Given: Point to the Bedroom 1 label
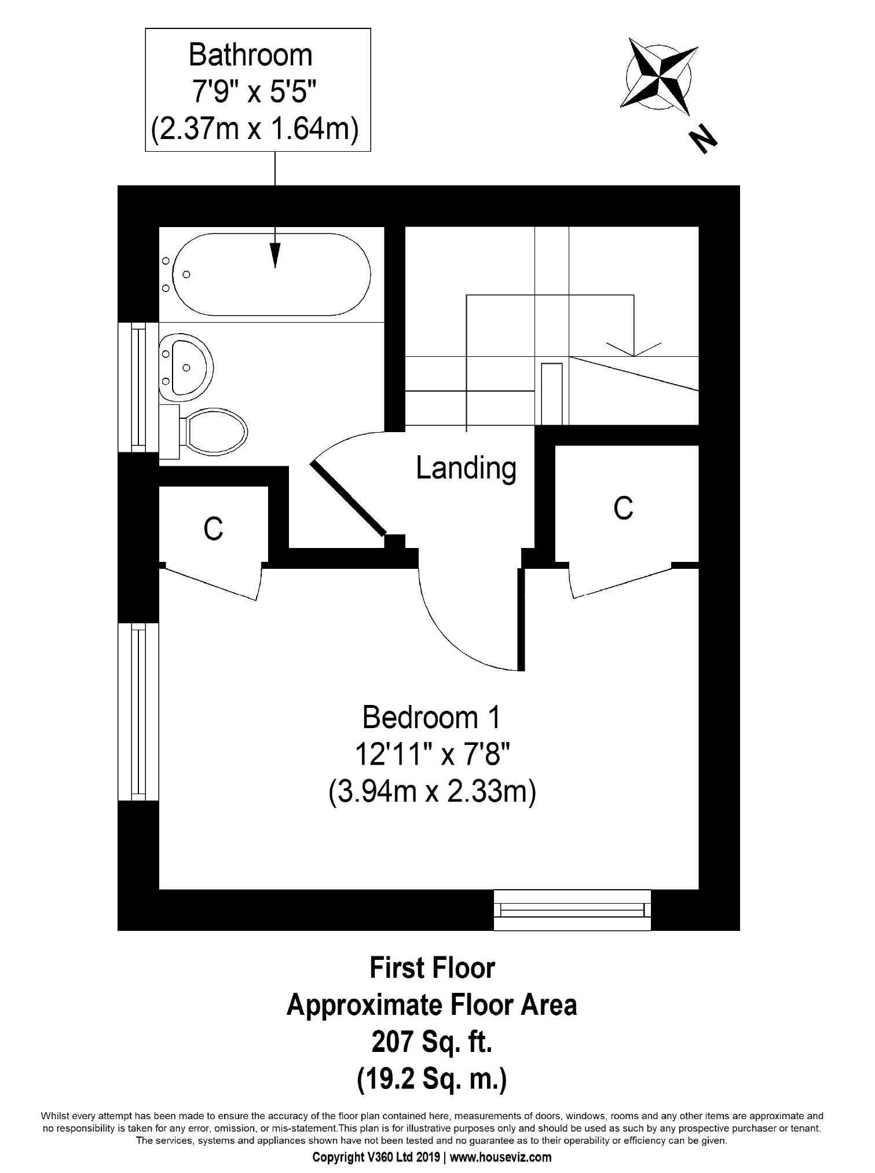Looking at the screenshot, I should click(x=431, y=718).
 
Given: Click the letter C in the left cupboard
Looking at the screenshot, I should click(x=213, y=528).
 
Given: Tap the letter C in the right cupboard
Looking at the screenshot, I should click(x=623, y=509).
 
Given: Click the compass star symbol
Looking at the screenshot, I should click(x=659, y=75).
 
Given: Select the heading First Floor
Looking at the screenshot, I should click(x=432, y=969).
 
